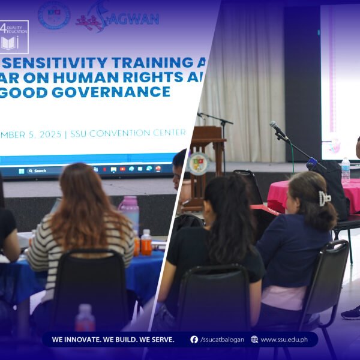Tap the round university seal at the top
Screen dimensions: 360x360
(54, 14)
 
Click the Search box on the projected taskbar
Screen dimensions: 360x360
(40, 171)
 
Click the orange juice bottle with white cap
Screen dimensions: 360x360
(146, 242)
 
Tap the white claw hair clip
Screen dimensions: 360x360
(325, 198)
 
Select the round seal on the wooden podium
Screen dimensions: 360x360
(199, 163)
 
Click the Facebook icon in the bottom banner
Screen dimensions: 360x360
(194, 340)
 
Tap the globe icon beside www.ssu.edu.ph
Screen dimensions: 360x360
(254, 340)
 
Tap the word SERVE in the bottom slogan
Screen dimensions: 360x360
(160, 340)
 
